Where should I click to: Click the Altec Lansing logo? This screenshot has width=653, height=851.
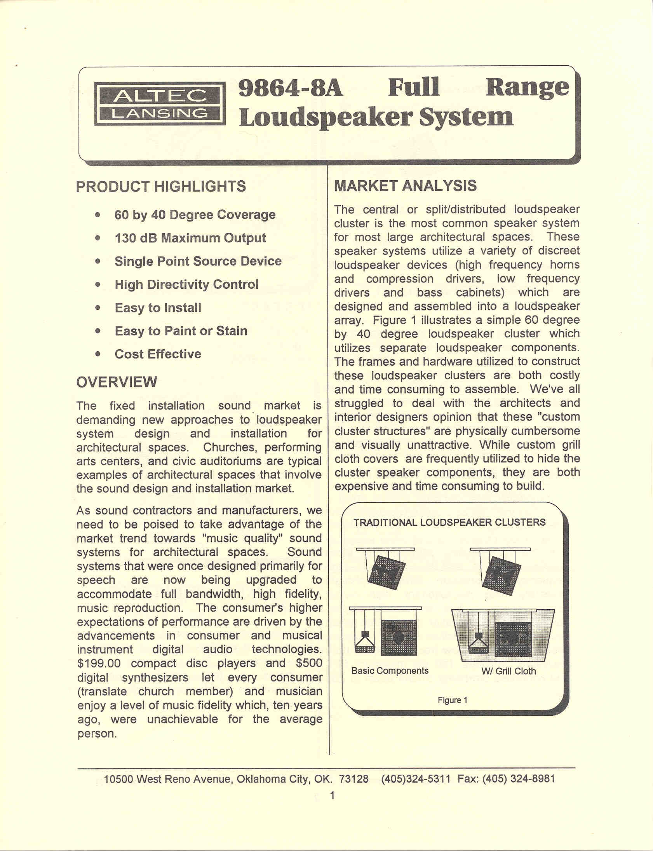point(160,104)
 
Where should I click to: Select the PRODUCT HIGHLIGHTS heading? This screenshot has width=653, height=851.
point(161,187)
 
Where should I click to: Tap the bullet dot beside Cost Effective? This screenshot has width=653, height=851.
point(98,354)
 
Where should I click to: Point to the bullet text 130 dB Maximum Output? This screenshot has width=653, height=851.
point(190,238)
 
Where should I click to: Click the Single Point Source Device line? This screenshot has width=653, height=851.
point(198,261)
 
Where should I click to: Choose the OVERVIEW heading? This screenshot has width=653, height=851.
point(117,382)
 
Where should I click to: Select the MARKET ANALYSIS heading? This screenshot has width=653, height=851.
point(406,186)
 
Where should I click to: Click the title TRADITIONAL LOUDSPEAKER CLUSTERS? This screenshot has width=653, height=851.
point(449,522)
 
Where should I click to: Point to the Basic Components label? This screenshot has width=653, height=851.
point(390,671)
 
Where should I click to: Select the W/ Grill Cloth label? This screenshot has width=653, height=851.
point(508,671)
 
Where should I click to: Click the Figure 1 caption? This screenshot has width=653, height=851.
point(453,700)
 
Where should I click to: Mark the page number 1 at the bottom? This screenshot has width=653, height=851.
point(332,795)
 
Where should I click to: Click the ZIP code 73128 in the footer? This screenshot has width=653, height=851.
point(354,779)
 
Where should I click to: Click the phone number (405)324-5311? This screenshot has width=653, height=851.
point(416,779)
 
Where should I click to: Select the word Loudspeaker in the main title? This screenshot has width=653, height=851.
point(325,117)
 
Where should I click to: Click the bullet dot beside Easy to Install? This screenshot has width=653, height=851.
point(98,307)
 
